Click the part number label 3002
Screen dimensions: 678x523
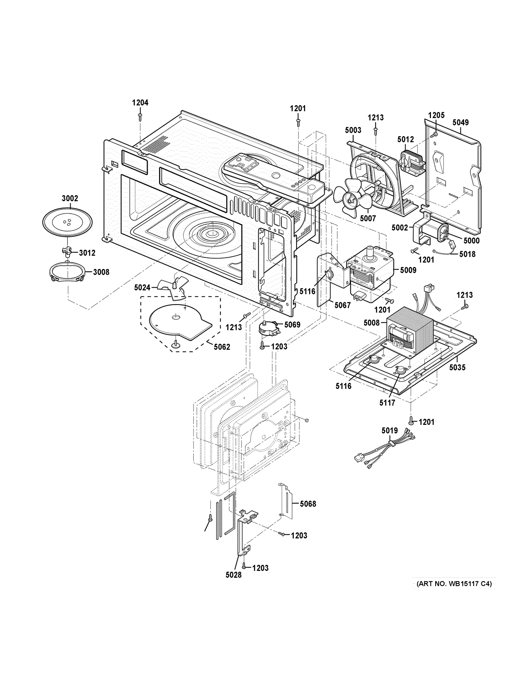[x=70, y=198]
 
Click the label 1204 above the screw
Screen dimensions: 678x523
[x=140, y=103]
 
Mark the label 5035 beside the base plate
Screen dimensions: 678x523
[x=457, y=368]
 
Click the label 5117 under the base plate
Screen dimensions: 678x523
[x=387, y=403]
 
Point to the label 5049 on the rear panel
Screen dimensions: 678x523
[x=460, y=122]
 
